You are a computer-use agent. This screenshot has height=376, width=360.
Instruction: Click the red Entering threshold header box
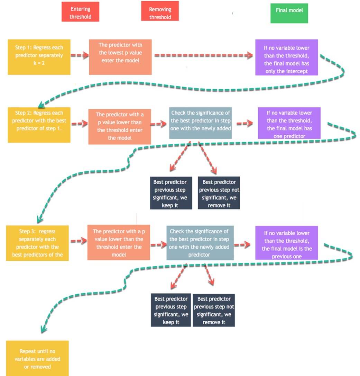click(x=80, y=12)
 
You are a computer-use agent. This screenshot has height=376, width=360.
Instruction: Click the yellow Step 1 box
click(x=39, y=57)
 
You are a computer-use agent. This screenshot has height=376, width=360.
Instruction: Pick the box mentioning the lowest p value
click(x=120, y=57)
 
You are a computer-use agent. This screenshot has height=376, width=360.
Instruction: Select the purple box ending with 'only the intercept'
click(x=286, y=57)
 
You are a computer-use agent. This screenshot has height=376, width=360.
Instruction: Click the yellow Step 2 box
click(x=39, y=125)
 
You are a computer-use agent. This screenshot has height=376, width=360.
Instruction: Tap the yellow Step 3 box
click(x=37, y=243)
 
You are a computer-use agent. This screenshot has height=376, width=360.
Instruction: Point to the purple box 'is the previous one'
click(x=286, y=243)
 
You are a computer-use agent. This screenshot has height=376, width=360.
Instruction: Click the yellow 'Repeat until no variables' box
click(x=37, y=358)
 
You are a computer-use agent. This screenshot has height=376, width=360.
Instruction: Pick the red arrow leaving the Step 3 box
click(x=79, y=242)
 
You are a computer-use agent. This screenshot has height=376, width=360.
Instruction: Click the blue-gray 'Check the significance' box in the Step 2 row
click(x=201, y=123)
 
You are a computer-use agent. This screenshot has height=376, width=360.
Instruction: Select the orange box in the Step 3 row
click(x=119, y=243)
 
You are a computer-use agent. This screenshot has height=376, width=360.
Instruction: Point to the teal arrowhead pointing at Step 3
click(x=39, y=219)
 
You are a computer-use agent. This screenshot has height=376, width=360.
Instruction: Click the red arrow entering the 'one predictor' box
click(x=244, y=123)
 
